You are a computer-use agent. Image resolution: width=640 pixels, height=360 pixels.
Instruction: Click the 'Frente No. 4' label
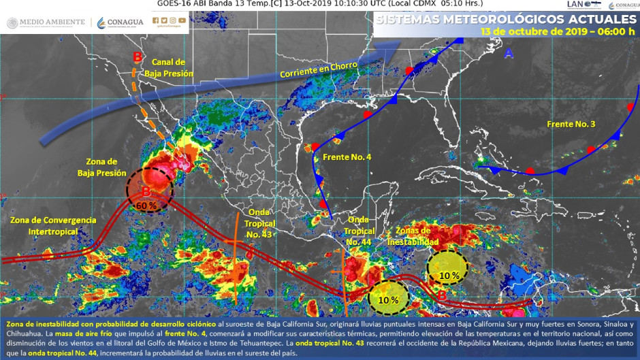pos(347,157)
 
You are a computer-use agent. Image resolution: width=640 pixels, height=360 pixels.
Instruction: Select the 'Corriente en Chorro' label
pos(315,68)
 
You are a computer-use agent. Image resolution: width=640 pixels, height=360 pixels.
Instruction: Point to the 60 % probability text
pos(147,205)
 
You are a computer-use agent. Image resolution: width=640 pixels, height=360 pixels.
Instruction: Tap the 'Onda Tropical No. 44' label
pos(359,231)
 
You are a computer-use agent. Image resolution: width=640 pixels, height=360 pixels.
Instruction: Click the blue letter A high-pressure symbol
pos(509,52)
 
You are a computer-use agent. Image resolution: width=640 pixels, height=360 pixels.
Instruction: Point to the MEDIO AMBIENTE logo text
pos(46,23)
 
